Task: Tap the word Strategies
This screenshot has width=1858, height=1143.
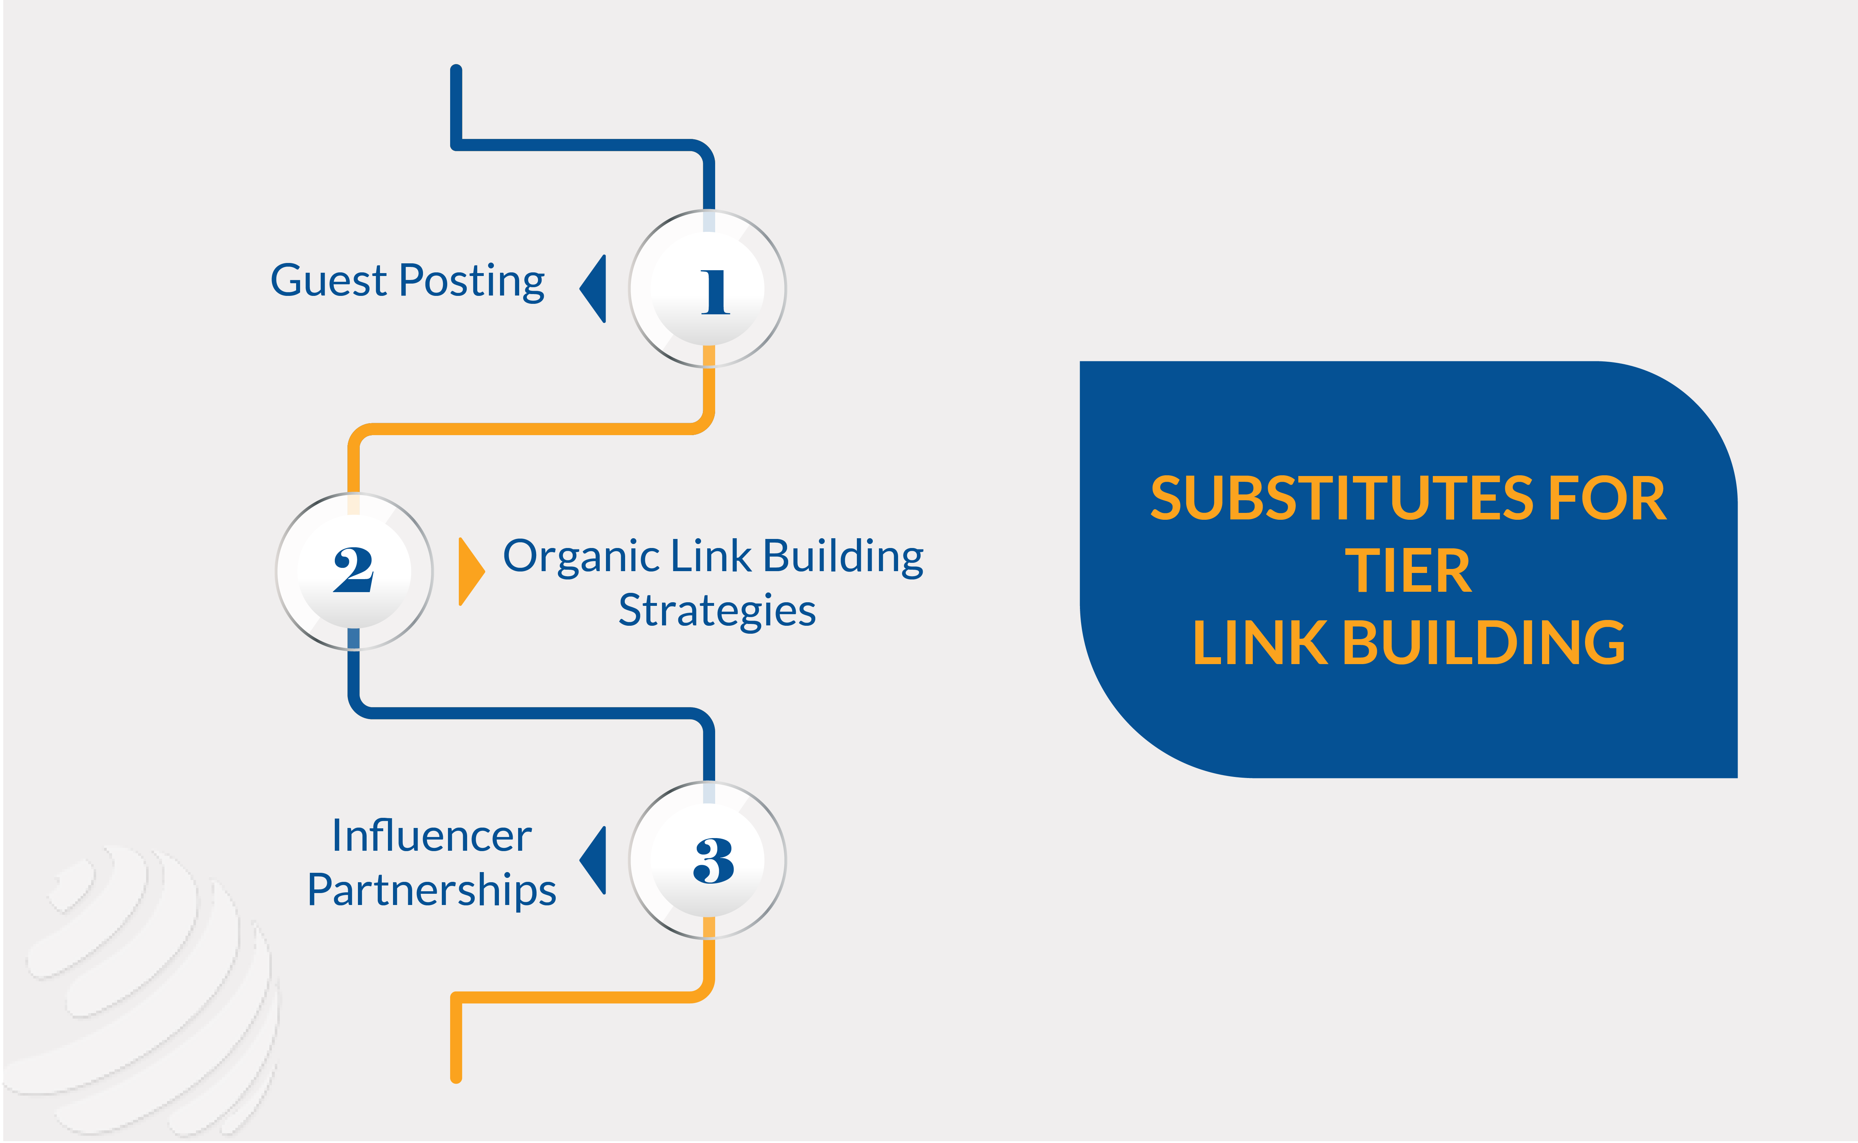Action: coord(717,611)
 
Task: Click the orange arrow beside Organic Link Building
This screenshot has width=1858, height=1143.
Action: coord(471,571)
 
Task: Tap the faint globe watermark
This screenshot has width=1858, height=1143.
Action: coord(144,990)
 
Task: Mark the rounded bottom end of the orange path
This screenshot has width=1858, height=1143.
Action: coord(456,1077)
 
